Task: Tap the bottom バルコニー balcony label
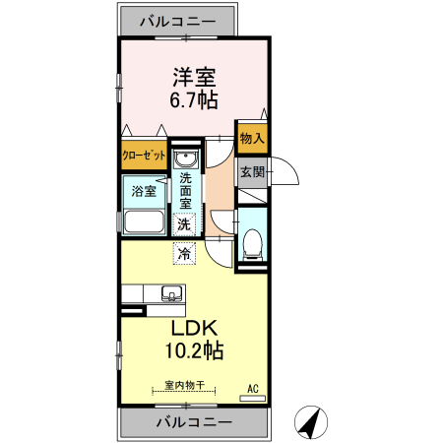tap(194, 421)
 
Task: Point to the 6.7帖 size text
tap(195, 99)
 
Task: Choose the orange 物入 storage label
tap(252, 139)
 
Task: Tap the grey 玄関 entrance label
tap(252, 172)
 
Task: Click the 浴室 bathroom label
tap(144, 191)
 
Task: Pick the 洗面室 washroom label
tap(185, 191)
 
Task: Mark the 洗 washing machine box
tap(183, 223)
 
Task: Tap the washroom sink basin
tap(185, 159)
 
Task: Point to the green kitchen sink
tap(170, 293)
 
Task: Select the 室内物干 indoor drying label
tap(183, 385)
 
